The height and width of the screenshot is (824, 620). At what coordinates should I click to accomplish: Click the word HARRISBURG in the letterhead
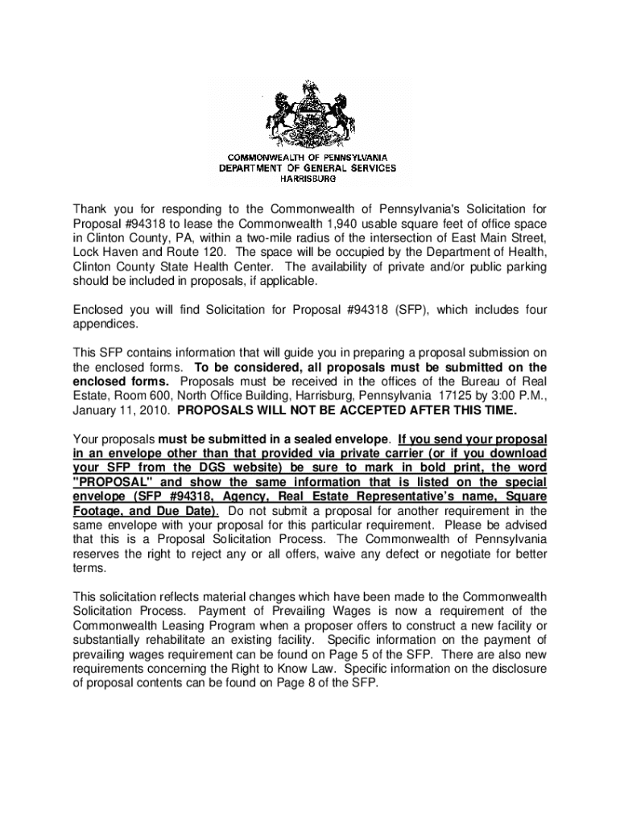[x=309, y=179]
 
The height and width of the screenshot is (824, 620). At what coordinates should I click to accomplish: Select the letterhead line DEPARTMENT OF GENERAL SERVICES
[x=309, y=168]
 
